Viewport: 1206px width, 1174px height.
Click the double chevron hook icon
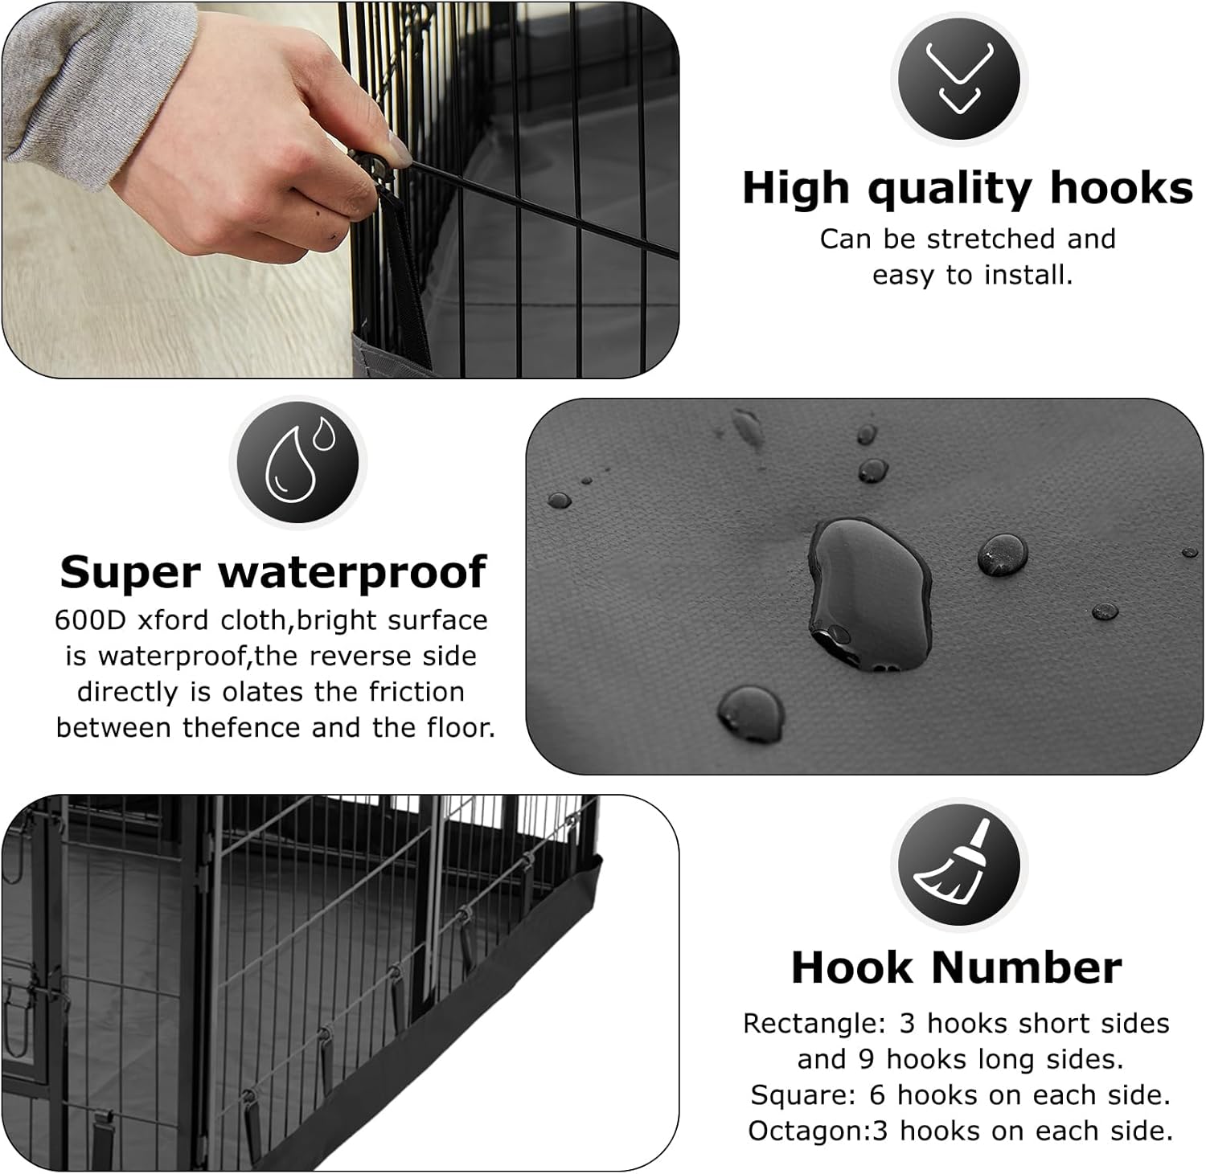[959, 79]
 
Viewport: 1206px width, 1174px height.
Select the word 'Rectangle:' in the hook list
[814, 1024]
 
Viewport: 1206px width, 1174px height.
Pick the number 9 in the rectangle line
[866, 1060]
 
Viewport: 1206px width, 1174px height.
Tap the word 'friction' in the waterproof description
[428, 692]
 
